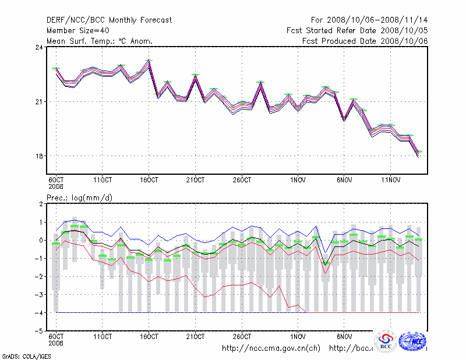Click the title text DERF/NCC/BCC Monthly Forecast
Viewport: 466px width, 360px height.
point(109,20)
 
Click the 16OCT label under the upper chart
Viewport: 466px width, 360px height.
point(149,179)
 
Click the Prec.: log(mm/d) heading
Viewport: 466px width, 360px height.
point(80,198)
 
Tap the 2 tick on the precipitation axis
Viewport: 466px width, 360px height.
point(40,204)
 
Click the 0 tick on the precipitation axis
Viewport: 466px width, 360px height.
point(40,240)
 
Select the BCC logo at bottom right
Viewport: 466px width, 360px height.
point(386,341)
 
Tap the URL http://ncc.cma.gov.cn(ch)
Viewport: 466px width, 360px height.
point(271,348)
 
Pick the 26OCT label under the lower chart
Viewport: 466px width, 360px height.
point(242,336)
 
